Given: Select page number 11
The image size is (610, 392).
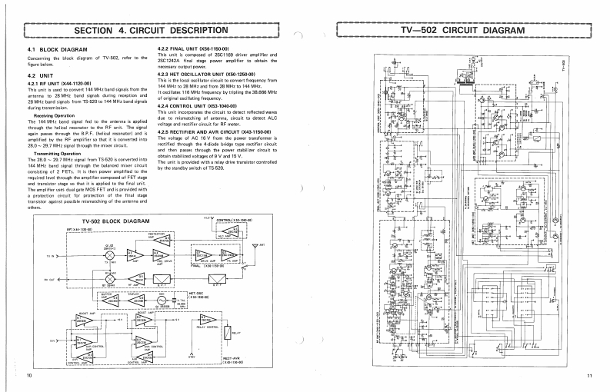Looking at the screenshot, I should coord(588,375).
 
